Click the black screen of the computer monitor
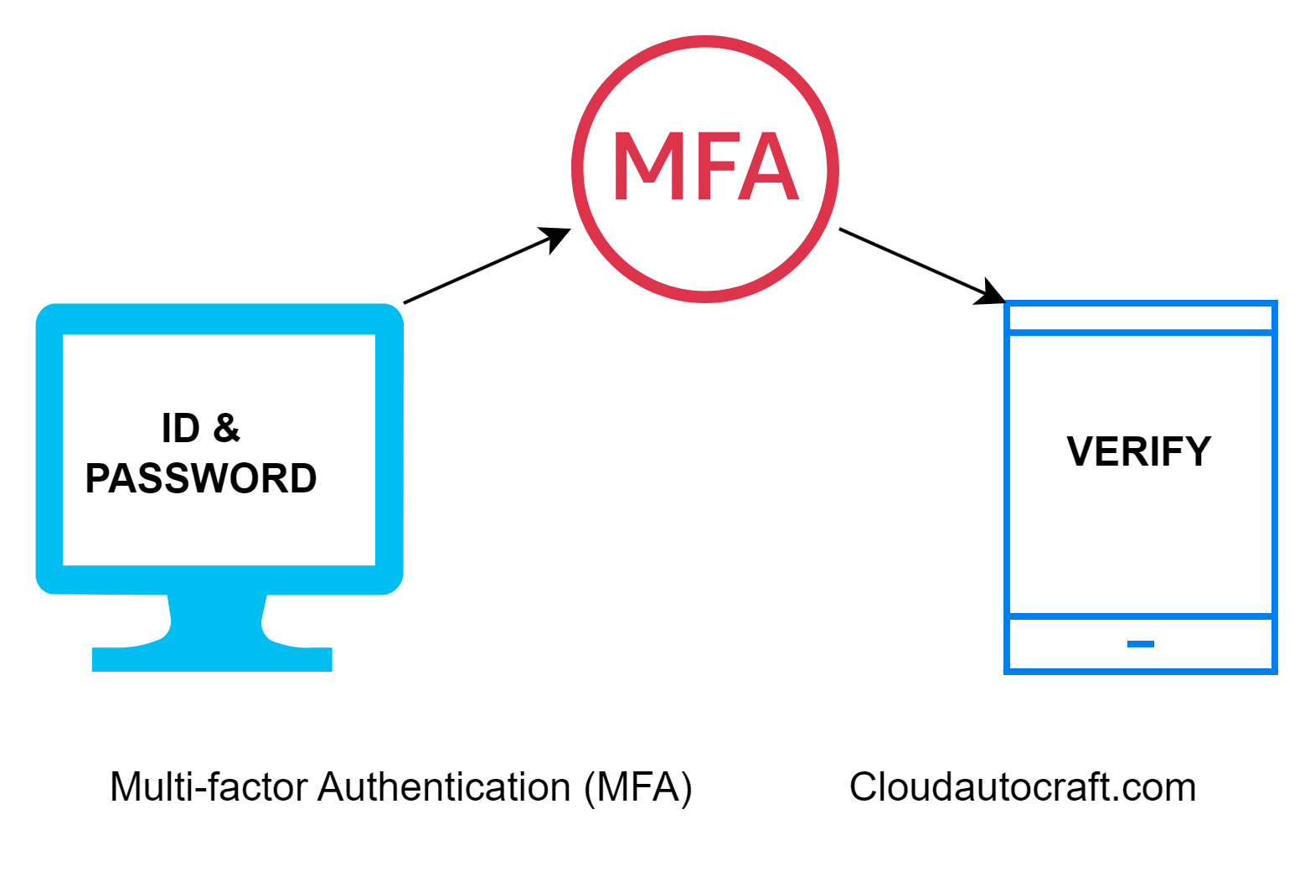point(219,450)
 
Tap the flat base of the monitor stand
point(212,659)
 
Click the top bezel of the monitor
point(219,319)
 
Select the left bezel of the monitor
point(49,450)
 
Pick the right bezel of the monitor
point(389,450)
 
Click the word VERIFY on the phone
point(1138,452)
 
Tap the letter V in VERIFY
point(1081,452)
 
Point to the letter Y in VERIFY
point(1198,452)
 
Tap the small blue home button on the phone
point(1141,644)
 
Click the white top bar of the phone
point(1141,318)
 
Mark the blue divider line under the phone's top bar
point(1141,333)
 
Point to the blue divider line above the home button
point(1141,616)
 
